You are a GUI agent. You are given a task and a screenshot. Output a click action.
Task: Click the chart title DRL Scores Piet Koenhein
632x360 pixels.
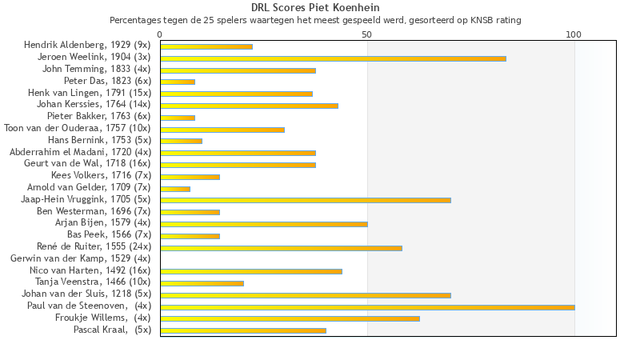[315, 7]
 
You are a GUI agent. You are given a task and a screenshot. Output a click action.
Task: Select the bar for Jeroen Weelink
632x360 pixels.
[333, 58]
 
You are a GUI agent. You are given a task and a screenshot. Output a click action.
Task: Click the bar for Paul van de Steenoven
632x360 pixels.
[367, 306]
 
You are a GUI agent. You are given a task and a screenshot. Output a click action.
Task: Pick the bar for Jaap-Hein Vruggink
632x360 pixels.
[306, 200]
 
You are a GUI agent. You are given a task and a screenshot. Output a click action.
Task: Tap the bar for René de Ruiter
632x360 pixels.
[281, 248]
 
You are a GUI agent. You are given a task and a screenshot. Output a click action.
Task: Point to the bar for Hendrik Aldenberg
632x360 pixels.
[206, 46]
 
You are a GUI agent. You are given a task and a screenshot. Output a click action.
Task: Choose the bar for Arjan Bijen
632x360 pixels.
[264, 224]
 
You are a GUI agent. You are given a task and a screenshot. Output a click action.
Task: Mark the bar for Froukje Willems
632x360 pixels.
[290, 318]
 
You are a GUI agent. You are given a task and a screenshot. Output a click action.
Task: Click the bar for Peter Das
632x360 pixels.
[178, 82]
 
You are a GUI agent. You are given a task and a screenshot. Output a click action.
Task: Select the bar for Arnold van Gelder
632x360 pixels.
[175, 189]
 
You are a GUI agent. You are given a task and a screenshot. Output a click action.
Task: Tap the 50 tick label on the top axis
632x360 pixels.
[367, 34]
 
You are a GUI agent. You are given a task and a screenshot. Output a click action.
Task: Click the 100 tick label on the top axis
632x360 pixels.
[574, 34]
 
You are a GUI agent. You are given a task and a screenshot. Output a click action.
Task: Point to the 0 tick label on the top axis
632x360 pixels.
[160, 34]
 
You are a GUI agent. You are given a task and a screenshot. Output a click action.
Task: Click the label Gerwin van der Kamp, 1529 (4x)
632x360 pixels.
[80, 259]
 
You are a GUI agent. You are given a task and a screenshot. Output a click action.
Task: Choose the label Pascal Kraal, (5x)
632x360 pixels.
[112, 330]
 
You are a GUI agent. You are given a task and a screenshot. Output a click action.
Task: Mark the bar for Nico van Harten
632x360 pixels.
[251, 271]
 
